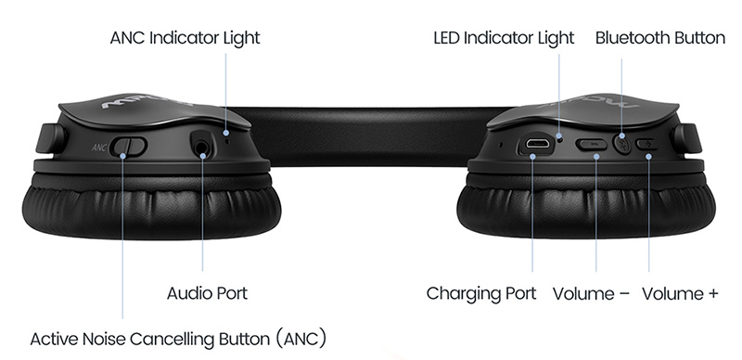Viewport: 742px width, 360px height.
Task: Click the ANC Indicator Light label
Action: click(x=185, y=38)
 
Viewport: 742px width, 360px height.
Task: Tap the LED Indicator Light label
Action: click(x=504, y=38)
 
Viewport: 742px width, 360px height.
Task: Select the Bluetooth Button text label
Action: click(x=660, y=38)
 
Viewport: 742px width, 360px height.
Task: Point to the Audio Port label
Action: click(x=207, y=293)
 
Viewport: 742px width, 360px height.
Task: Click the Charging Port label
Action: click(x=481, y=293)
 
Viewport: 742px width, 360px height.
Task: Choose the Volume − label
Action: click(x=591, y=293)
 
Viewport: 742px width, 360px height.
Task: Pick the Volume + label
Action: click(x=680, y=293)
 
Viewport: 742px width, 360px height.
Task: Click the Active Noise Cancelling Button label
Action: click(x=178, y=340)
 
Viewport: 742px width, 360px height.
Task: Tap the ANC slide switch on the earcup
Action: click(x=128, y=146)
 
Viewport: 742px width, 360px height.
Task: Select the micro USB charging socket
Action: click(x=537, y=144)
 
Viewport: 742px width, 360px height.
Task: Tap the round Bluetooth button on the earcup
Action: click(x=621, y=143)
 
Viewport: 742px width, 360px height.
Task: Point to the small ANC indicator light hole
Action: click(x=228, y=140)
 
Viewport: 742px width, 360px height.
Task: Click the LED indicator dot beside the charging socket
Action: click(x=560, y=139)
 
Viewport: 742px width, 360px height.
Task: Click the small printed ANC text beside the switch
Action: click(x=99, y=148)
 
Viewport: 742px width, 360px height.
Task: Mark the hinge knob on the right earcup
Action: click(x=686, y=138)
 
